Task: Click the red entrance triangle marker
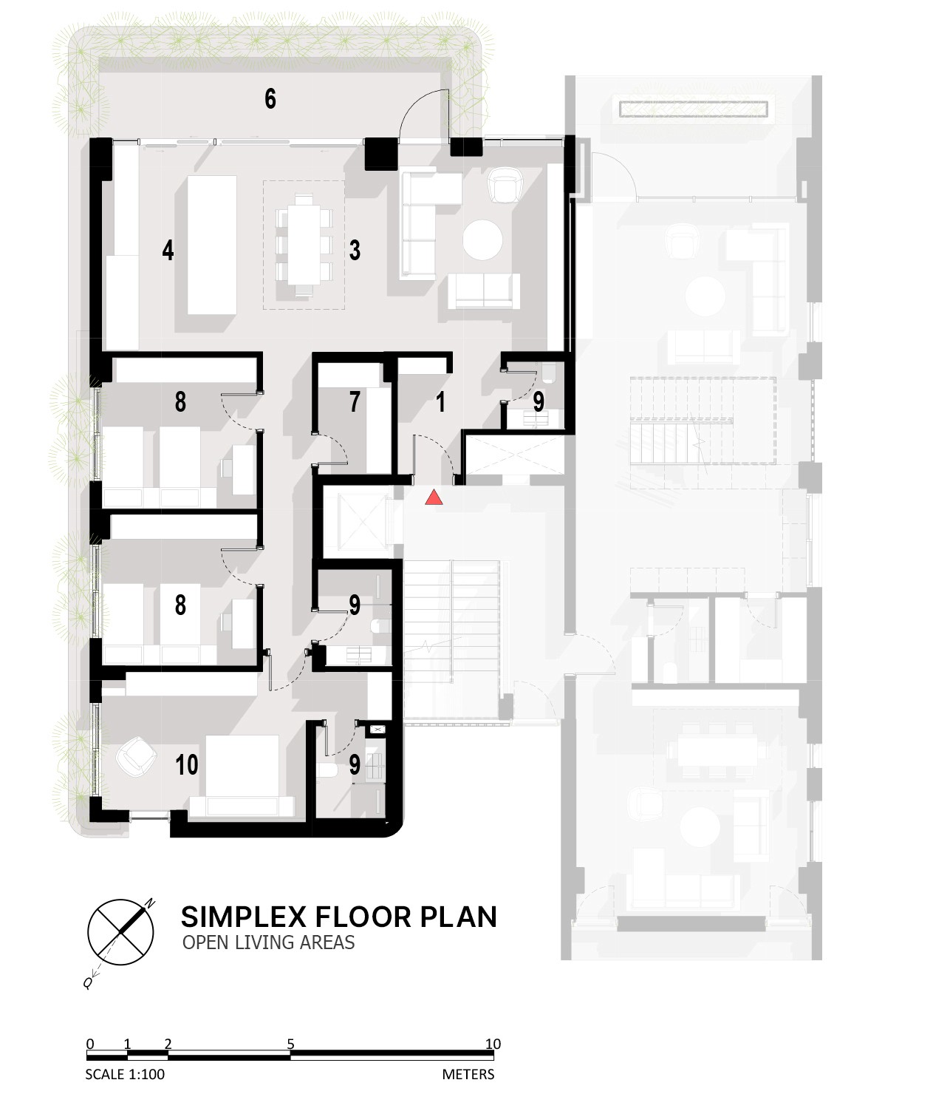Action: pyautogui.click(x=434, y=497)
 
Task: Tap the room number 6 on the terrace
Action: pyautogui.click(x=270, y=99)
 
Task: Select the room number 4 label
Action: pyautogui.click(x=168, y=251)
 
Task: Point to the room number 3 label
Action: pyautogui.click(x=355, y=251)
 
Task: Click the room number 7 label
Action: pyautogui.click(x=355, y=401)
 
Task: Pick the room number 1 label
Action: pyautogui.click(x=440, y=401)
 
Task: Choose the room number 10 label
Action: pyautogui.click(x=187, y=765)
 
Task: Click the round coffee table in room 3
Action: pyautogui.click(x=482, y=240)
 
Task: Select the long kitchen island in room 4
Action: pyautogui.click(x=212, y=245)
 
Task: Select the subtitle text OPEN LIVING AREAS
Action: pyautogui.click(x=268, y=942)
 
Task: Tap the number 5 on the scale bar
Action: pyautogui.click(x=290, y=1044)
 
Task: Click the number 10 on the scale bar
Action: pyautogui.click(x=493, y=1044)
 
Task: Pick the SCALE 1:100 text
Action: pyautogui.click(x=125, y=1074)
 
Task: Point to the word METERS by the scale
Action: pyautogui.click(x=468, y=1074)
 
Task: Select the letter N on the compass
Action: pyautogui.click(x=151, y=904)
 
